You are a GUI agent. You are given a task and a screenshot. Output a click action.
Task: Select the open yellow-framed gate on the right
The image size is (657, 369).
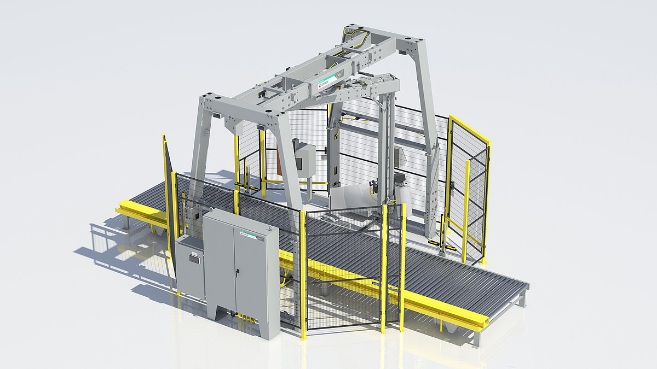[468, 186]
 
